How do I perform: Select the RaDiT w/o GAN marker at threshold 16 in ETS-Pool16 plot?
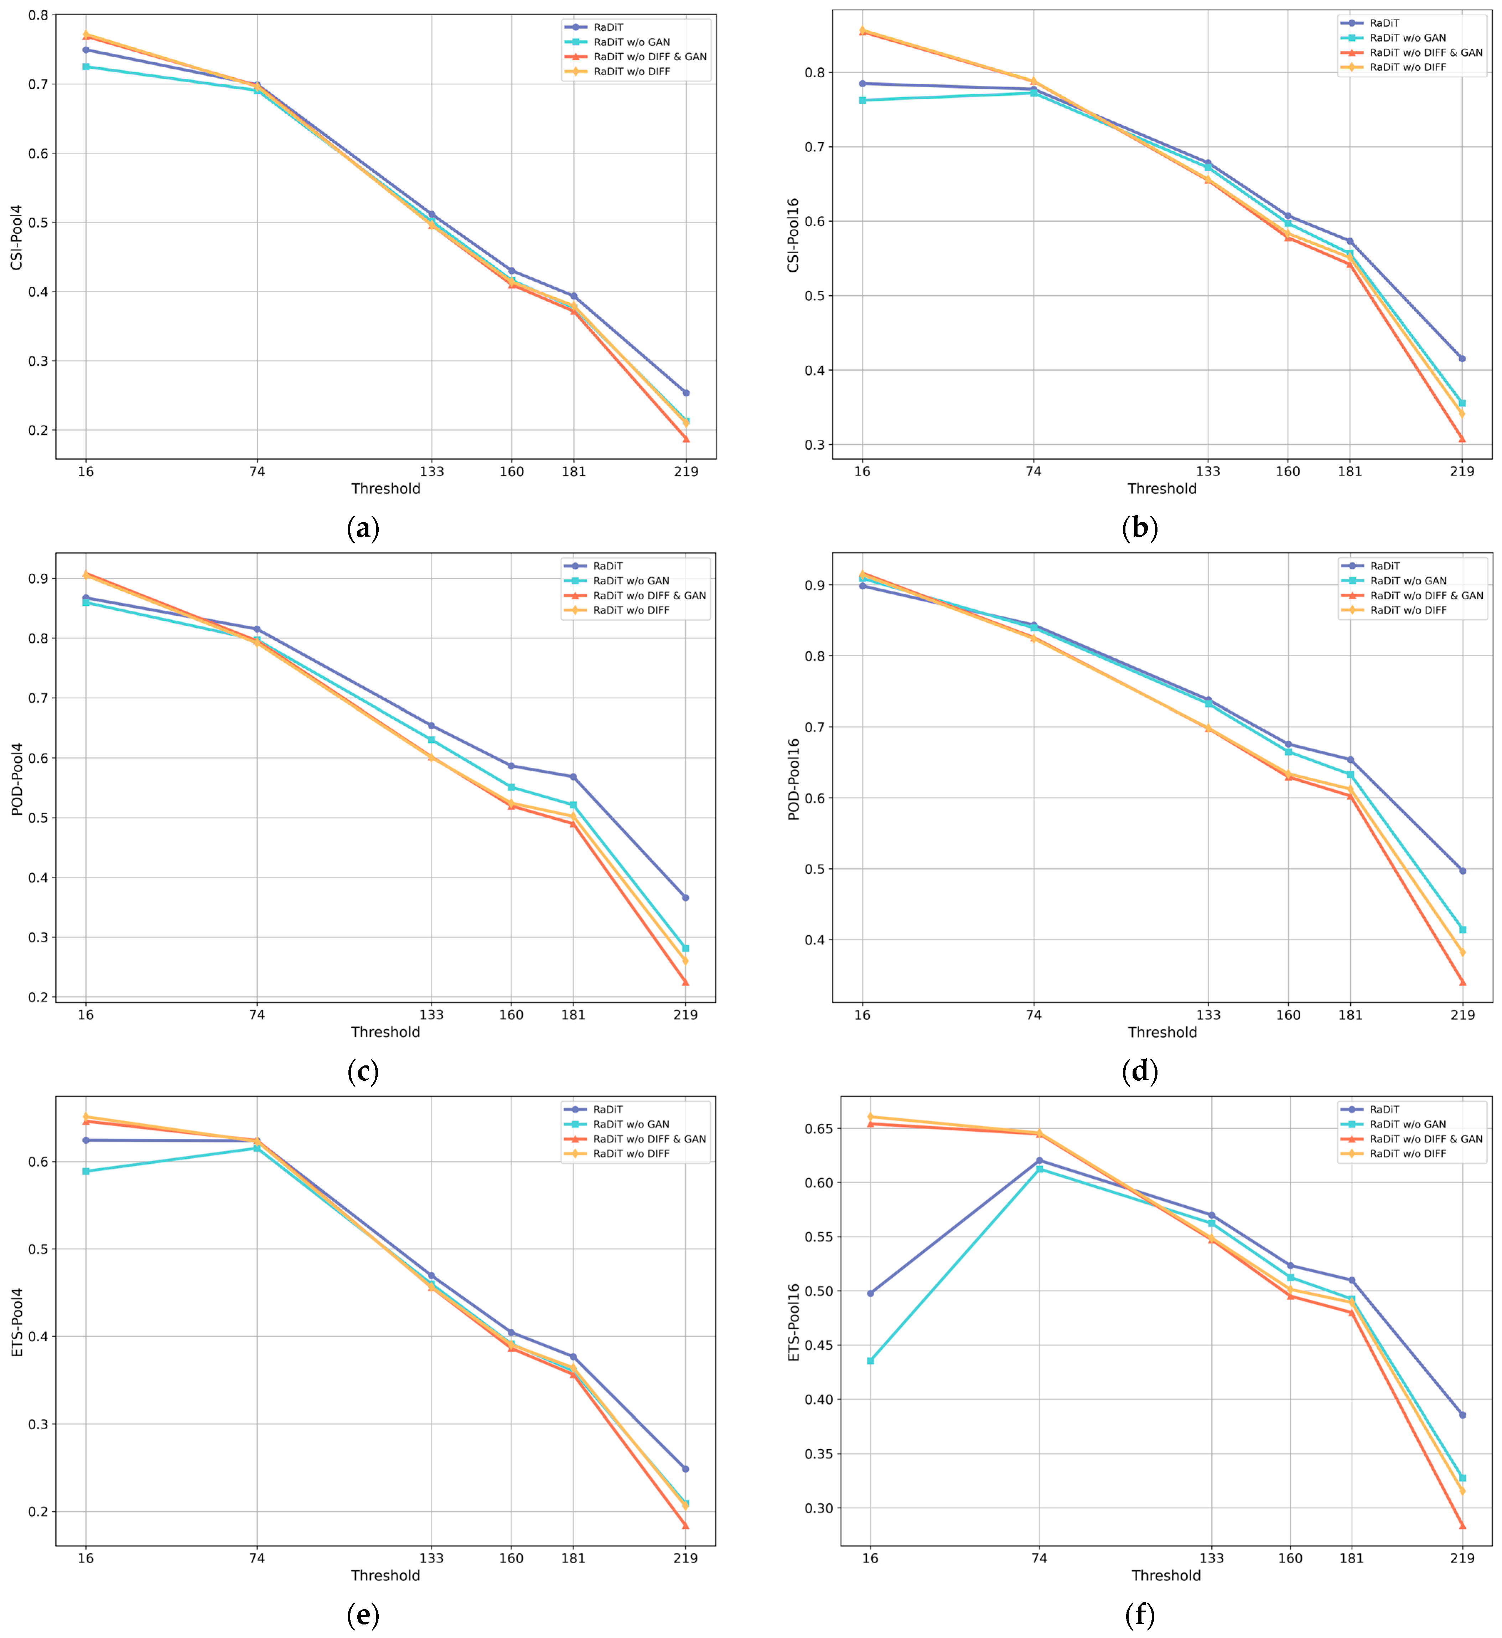coord(870,1360)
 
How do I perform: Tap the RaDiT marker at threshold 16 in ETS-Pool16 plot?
coord(870,1293)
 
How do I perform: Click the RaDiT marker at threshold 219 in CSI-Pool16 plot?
coord(1462,358)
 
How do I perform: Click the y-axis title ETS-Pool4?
coord(17,1322)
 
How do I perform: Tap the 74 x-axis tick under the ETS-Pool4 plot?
coord(257,1558)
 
